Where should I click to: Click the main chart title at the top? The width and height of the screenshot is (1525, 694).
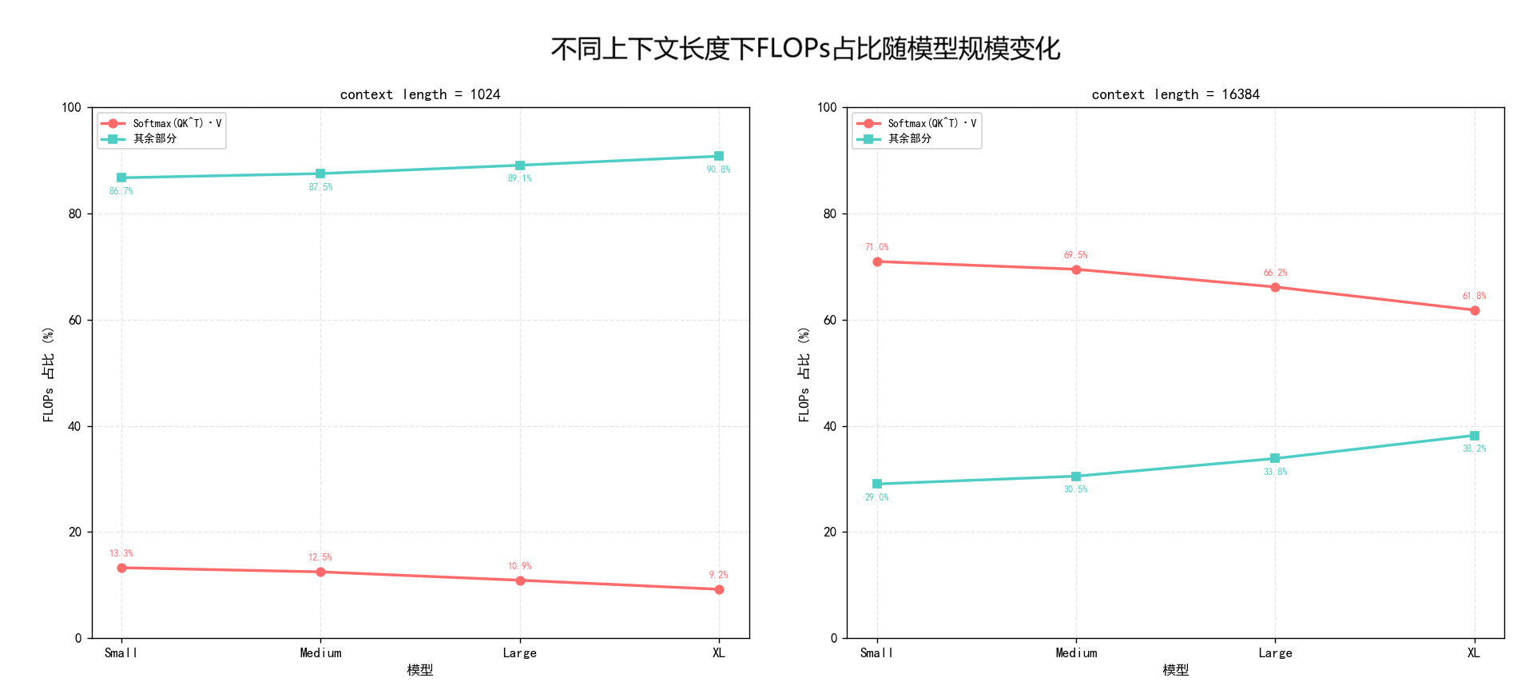(805, 49)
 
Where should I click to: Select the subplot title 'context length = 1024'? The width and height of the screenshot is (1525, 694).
(420, 94)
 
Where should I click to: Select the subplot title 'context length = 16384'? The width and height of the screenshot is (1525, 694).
(1175, 94)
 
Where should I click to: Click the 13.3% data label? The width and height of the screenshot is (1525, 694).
(121, 553)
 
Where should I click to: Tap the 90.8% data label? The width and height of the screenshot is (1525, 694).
(718, 170)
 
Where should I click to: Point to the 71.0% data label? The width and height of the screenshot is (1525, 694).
(876, 247)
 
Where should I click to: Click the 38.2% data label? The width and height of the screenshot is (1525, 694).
(1474, 449)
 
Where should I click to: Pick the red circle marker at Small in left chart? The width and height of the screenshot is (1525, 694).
(121, 568)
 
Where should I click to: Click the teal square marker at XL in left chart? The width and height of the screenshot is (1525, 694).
(719, 156)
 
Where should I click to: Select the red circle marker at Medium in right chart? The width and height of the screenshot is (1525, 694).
(1076, 269)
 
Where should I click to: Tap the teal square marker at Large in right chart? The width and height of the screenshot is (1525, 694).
(1275, 458)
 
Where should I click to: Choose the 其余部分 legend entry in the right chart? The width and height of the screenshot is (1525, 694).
(909, 138)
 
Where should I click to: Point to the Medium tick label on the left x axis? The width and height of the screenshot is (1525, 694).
(320, 653)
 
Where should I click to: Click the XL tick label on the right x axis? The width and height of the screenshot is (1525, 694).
(1474, 653)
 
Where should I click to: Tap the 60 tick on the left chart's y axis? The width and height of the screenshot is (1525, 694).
(75, 320)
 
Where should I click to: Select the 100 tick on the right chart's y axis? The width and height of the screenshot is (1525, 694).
(827, 107)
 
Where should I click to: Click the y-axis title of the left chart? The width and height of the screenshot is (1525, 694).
(49, 373)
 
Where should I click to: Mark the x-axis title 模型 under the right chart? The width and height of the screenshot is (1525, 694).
(1175, 670)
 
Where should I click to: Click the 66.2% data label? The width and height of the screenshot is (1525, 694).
(1275, 273)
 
